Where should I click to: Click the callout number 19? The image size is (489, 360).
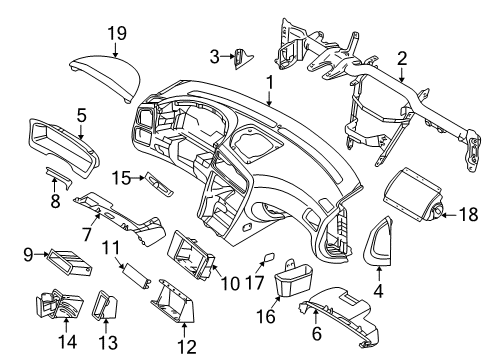click(118, 34)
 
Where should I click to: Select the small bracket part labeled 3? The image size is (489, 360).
click(240, 56)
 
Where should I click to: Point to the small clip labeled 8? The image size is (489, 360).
click(60, 180)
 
